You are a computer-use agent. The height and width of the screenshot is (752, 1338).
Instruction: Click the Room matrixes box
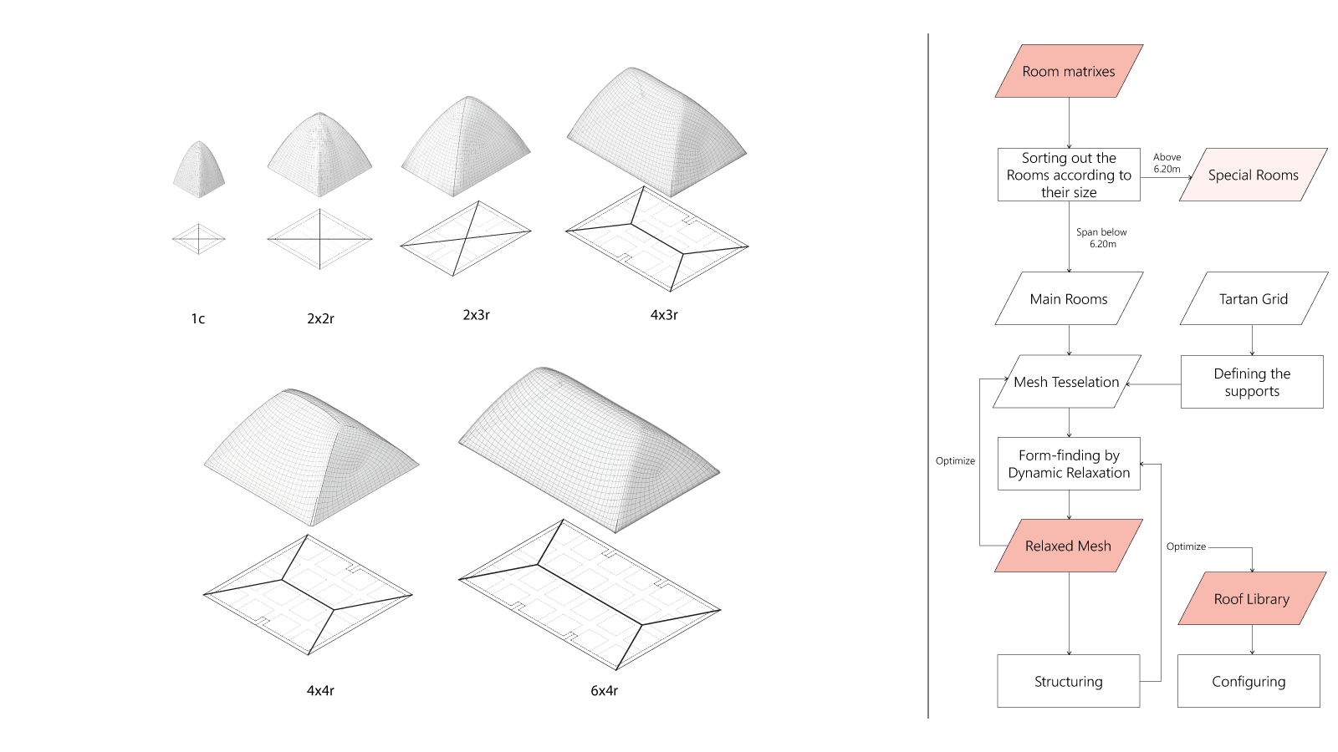(x=1069, y=71)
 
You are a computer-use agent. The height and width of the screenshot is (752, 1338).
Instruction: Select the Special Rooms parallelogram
(x=1253, y=175)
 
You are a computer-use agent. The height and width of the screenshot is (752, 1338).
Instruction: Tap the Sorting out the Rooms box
(x=1069, y=175)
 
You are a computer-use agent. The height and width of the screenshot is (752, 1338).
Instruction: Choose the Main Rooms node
(x=1069, y=298)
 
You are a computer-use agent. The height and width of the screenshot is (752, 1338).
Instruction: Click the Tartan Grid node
(x=1253, y=298)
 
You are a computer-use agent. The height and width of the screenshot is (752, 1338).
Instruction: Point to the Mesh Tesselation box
(x=1066, y=382)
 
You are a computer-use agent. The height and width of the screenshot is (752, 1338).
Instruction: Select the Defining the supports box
(x=1252, y=382)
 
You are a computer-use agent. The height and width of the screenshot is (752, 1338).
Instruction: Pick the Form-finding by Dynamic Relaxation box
(x=1069, y=464)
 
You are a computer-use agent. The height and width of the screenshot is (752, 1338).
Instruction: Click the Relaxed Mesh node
(x=1068, y=546)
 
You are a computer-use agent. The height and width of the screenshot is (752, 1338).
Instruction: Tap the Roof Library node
(x=1251, y=598)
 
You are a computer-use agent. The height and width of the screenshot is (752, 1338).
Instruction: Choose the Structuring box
(x=1068, y=681)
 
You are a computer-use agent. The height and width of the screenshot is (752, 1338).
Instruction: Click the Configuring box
(x=1249, y=681)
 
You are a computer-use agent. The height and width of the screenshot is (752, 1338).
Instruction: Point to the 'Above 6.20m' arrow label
(x=1167, y=163)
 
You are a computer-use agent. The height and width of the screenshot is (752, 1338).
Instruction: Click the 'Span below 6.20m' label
(x=1101, y=238)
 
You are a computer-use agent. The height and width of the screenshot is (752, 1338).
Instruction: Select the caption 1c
(x=198, y=318)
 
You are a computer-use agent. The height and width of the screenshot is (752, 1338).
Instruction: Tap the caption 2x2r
(x=320, y=318)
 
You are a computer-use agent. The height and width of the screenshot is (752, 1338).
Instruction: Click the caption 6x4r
(x=604, y=690)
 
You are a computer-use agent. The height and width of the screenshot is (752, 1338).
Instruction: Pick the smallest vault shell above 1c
(x=199, y=170)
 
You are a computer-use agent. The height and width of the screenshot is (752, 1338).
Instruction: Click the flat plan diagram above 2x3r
(x=465, y=238)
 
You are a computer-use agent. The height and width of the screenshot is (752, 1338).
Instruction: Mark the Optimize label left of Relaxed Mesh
(x=955, y=460)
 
